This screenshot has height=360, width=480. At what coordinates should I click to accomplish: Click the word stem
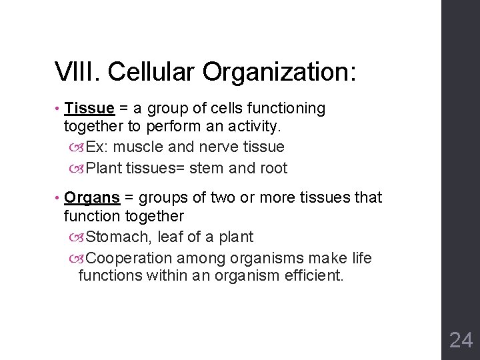pyautogui.click(x=209, y=169)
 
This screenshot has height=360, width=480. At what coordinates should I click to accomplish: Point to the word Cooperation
pyautogui.click(x=125, y=259)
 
